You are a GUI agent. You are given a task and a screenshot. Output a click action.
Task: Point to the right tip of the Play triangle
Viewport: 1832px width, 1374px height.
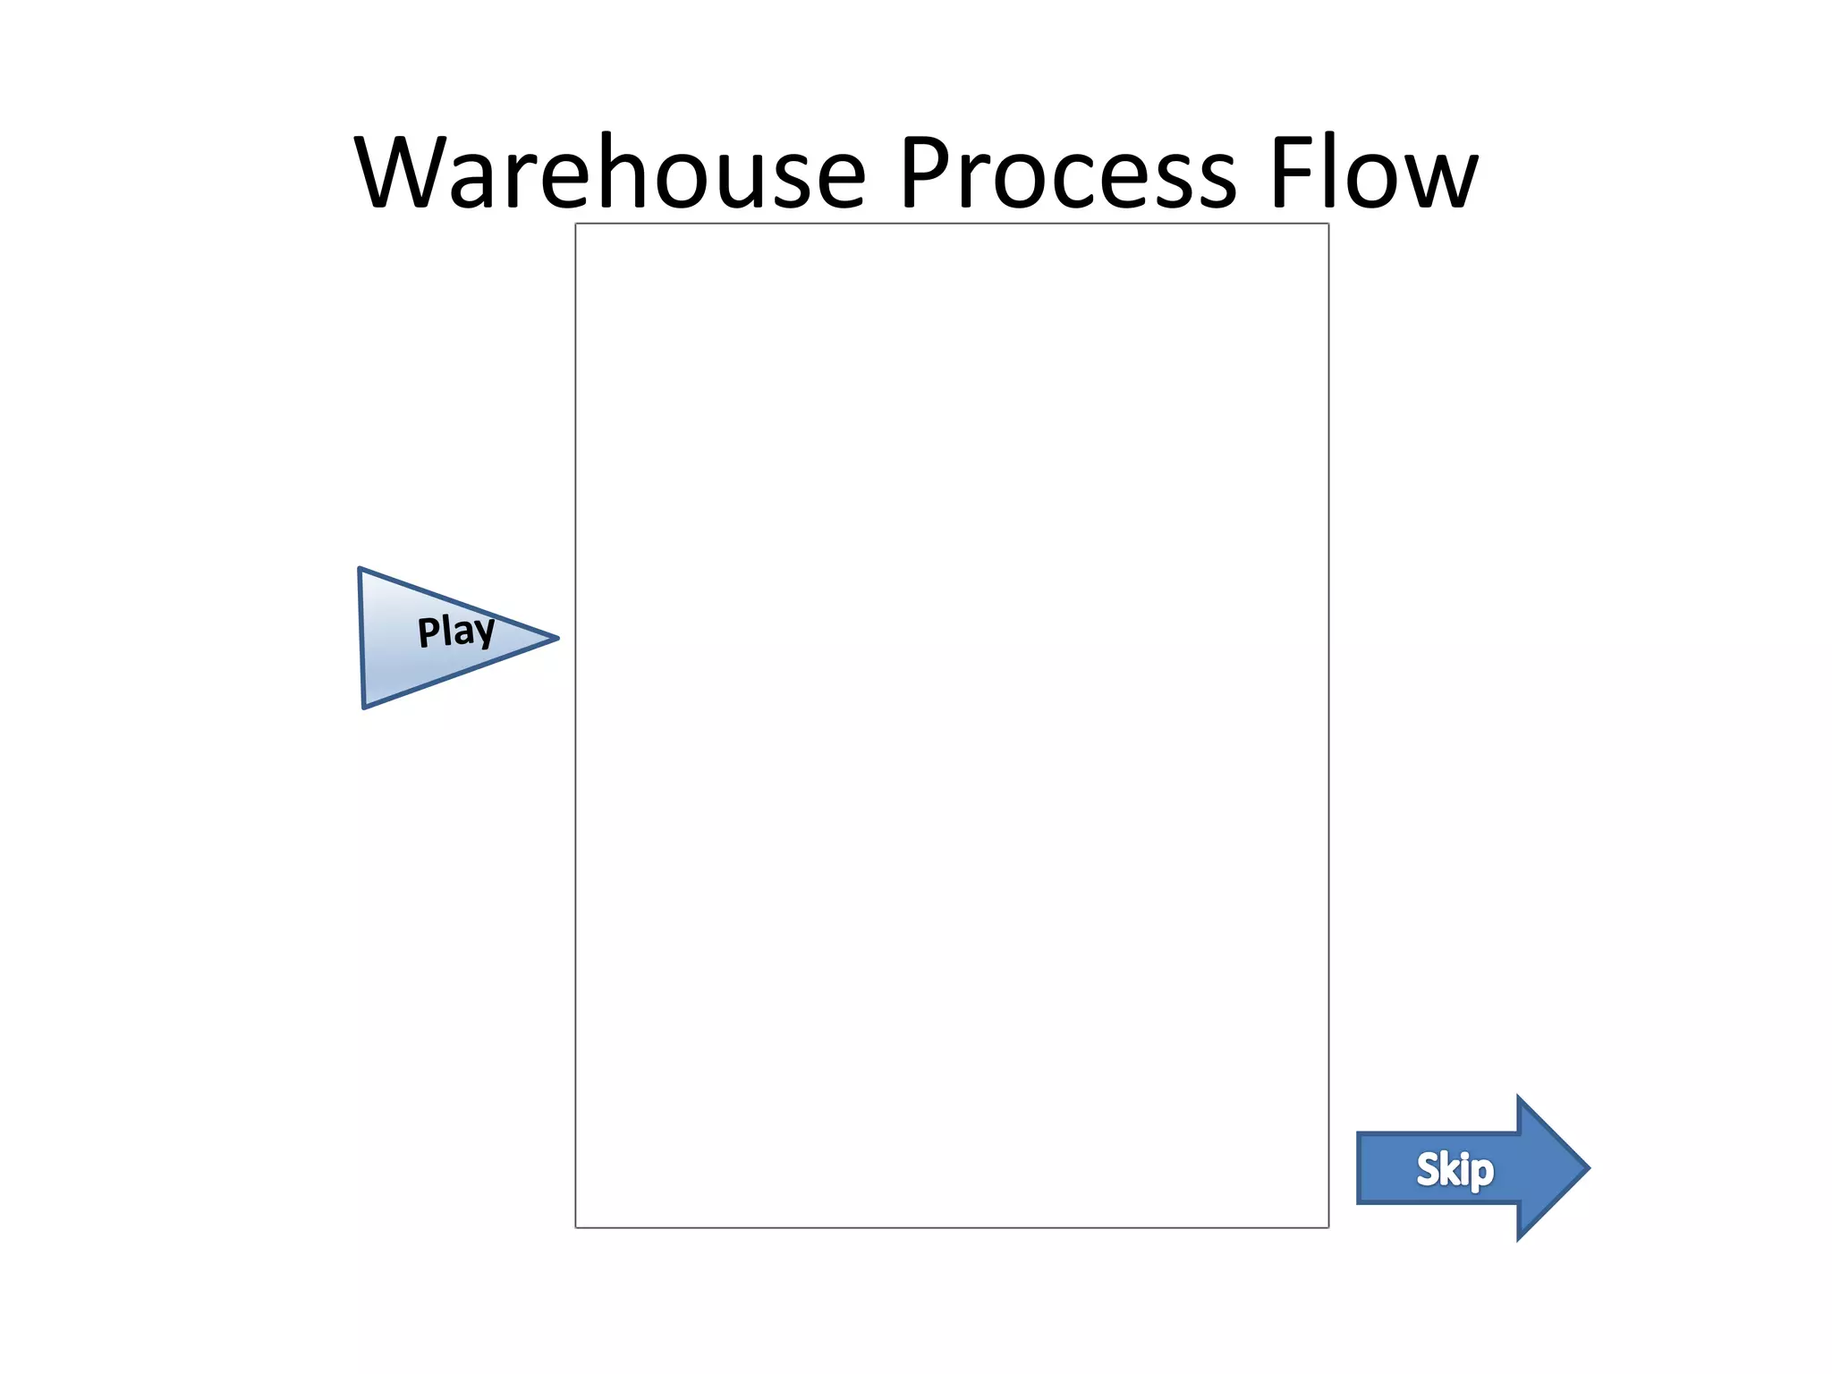(x=556, y=638)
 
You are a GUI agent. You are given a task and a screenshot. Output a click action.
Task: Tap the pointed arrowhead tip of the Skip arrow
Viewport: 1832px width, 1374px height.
(x=1588, y=1167)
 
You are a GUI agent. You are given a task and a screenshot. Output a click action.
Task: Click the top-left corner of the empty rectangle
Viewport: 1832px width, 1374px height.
(x=576, y=225)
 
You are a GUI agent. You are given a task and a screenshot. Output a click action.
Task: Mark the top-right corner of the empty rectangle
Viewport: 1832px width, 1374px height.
(x=1328, y=225)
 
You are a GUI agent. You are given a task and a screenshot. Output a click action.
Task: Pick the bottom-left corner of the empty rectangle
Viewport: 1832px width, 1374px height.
(x=576, y=1227)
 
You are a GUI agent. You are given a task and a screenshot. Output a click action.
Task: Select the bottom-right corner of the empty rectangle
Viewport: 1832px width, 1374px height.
(x=1328, y=1227)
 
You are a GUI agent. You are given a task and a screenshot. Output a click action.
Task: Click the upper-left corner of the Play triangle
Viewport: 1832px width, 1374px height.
(x=360, y=569)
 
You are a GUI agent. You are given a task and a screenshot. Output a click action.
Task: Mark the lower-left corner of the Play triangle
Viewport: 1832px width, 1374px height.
(x=364, y=708)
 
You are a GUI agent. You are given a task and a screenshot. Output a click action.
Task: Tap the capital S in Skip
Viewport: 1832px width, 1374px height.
(x=1429, y=1168)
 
